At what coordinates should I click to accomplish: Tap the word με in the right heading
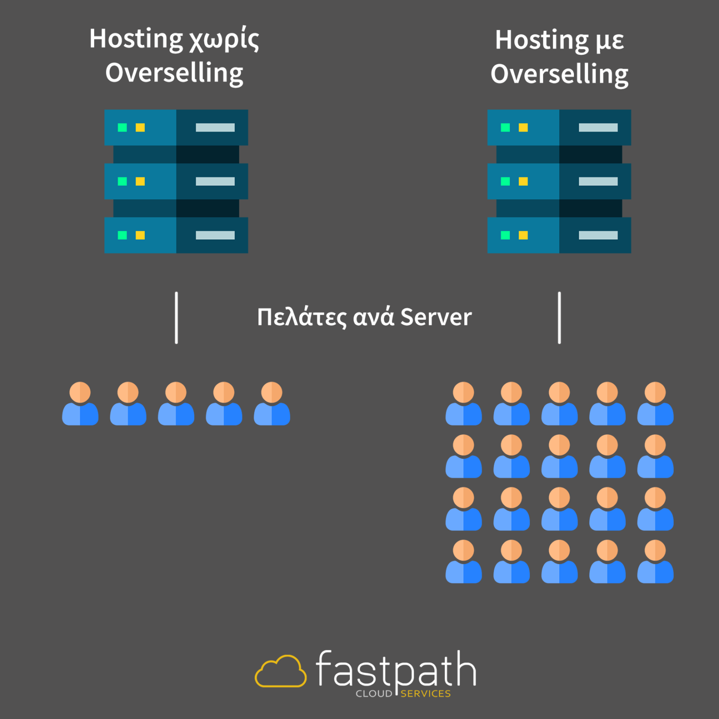pos(609,40)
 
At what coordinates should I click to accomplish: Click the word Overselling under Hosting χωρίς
pos(174,73)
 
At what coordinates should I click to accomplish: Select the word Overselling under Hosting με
pos(559,75)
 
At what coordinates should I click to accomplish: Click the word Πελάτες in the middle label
pos(302,317)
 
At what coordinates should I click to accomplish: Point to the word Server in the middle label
pos(436,317)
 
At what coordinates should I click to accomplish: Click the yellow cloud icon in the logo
pos(281,671)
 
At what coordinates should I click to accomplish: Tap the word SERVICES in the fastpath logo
pos(426,694)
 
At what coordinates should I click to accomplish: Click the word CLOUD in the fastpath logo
pos(374,694)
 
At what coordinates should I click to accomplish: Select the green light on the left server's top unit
pos(123,127)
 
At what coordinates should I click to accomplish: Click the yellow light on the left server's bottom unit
pos(140,235)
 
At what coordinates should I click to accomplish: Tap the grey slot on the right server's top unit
pos(598,127)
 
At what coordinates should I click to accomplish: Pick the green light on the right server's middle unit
pos(506,181)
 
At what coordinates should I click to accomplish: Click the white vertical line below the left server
pos(176,318)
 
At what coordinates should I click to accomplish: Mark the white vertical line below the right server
pos(559,318)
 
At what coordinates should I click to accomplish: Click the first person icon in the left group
pos(81,404)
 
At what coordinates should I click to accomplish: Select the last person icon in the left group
pos(272,404)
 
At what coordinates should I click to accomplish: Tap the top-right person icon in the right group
pos(655,404)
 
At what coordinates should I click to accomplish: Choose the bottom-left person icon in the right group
pos(464,561)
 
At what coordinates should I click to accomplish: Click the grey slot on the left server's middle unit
pos(215,181)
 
